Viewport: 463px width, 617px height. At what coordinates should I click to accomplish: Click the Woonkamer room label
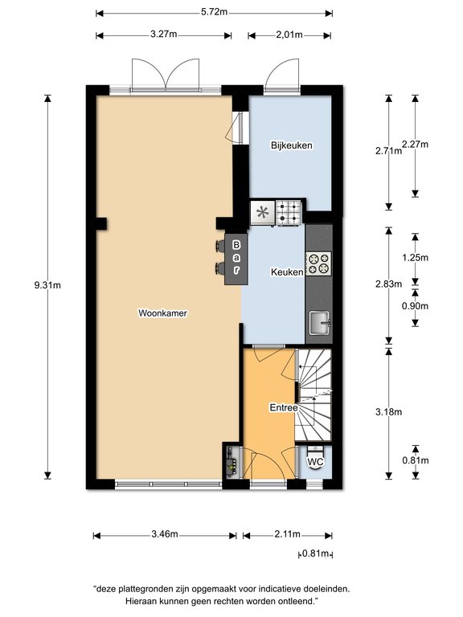[x=162, y=313]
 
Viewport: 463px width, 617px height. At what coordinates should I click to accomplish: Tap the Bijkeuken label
[x=292, y=145]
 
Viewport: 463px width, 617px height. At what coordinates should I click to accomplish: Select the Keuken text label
[x=287, y=272]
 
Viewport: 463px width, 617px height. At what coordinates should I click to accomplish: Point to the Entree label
[x=284, y=407]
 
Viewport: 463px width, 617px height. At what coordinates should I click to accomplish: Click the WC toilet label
[x=315, y=461]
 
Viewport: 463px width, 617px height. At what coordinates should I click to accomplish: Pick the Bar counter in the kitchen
[x=236, y=259]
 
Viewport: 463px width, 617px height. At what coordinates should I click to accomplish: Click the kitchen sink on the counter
[x=319, y=323]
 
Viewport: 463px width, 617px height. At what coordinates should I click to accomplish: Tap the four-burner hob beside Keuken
[x=318, y=264]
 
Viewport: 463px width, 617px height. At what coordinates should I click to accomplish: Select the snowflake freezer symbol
[x=262, y=213]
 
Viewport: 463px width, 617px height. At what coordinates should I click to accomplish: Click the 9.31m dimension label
[x=47, y=285]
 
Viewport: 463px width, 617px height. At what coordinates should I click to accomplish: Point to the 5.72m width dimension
[x=214, y=12]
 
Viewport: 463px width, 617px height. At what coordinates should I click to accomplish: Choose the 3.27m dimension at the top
[x=163, y=35]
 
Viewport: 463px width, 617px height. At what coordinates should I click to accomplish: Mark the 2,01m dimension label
[x=289, y=35]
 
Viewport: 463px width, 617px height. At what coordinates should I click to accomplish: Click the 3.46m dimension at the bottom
[x=165, y=534]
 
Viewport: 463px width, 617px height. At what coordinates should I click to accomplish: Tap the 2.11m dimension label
[x=288, y=534]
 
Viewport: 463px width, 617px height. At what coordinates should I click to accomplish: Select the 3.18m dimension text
[x=388, y=412]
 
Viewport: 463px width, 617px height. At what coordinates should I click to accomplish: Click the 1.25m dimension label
[x=415, y=258]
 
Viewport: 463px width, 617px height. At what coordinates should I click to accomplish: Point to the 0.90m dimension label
[x=415, y=306]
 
